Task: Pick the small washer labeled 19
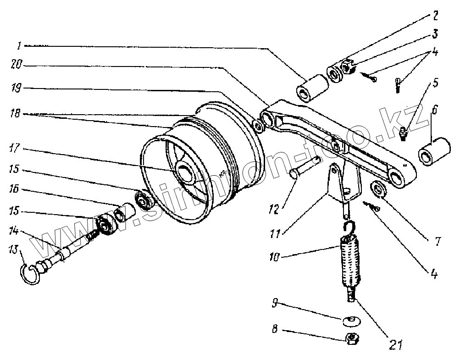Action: (x=259, y=126)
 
